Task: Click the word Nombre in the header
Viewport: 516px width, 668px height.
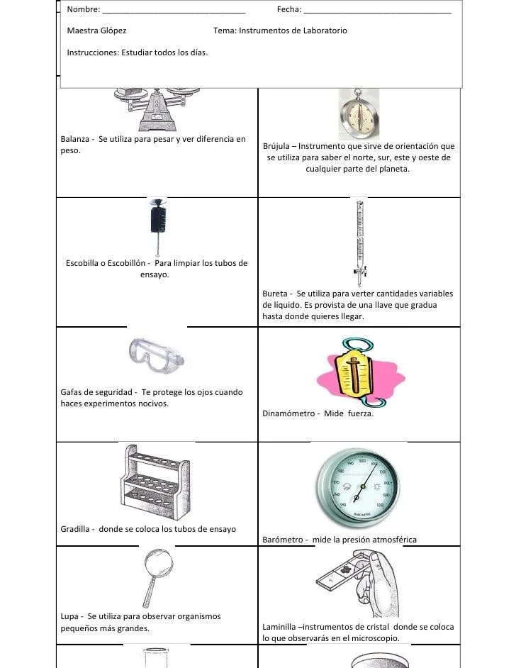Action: (x=82, y=11)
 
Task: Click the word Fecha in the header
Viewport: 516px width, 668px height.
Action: (x=288, y=11)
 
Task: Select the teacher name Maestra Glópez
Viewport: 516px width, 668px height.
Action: (x=96, y=31)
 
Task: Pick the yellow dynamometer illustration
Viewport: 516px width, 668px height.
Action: (x=353, y=376)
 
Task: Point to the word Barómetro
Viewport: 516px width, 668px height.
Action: (x=285, y=540)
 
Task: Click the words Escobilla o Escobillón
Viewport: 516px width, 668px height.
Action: (x=105, y=264)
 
